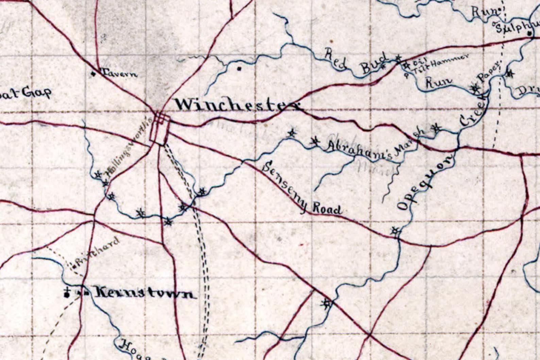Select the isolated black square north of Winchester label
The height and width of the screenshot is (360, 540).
click(239, 69)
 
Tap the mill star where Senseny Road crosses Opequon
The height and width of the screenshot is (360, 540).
click(395, 231)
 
